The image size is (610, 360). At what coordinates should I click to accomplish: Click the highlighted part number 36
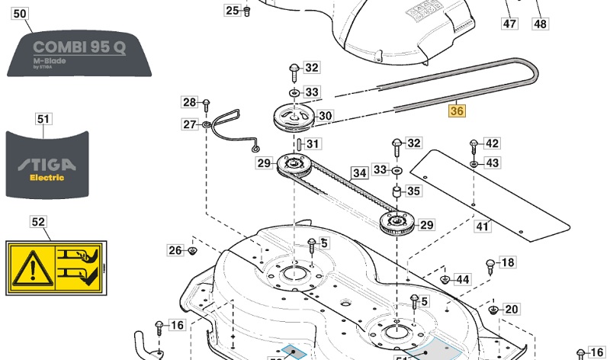457,111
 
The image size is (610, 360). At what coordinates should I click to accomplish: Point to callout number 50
21,14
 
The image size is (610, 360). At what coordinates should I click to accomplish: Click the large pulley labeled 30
293,119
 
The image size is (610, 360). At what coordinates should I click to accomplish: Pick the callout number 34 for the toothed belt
358,173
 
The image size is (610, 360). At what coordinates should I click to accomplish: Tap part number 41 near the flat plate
483,227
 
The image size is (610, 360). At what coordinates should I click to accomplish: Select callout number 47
509,24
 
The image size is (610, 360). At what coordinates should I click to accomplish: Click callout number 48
540,24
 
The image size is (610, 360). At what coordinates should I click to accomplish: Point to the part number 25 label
232,10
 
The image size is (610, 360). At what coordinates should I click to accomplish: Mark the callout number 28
189,102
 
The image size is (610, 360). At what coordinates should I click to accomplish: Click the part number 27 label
189,124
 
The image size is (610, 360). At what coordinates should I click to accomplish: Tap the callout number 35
413,191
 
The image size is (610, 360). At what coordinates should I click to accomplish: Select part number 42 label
493,143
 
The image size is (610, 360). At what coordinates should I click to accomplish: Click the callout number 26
175,250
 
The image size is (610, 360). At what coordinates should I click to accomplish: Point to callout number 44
462,280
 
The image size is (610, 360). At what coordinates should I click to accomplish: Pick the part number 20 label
511,309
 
